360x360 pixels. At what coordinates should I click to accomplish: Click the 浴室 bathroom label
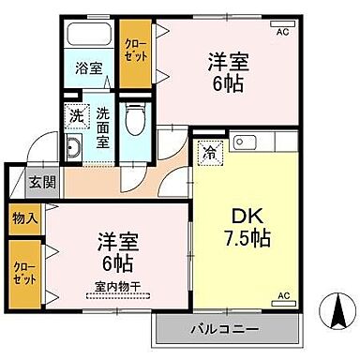[89, 67]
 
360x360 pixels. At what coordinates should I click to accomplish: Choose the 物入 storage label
[23, 218]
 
